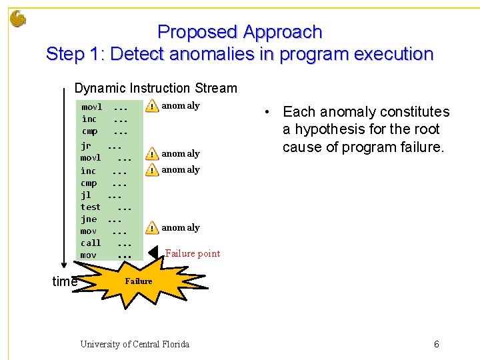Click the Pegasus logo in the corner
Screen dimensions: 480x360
[x=18, y=18]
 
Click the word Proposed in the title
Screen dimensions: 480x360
[x=197, y=32]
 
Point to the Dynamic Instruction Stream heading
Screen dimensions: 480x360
[x=155, y=88]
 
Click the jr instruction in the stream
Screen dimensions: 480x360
[x=86, y=145]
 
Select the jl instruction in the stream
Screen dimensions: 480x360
[x=86, y=195]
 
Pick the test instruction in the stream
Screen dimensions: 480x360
[x=91, y=207]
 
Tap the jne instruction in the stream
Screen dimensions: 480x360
[x=89, y=219]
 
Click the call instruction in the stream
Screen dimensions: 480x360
[x=91, y=243]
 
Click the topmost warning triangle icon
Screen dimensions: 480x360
[x=153, y=107]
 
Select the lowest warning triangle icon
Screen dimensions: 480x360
[x=153, y=228]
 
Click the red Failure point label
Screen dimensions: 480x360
[x=192, y=253]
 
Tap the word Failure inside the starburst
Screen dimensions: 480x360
[x=139, y=281]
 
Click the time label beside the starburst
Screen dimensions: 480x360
[x=65, y=282]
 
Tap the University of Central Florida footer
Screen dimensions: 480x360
[x=135, y=344]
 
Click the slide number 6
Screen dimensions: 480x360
[x=436, y=344]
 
